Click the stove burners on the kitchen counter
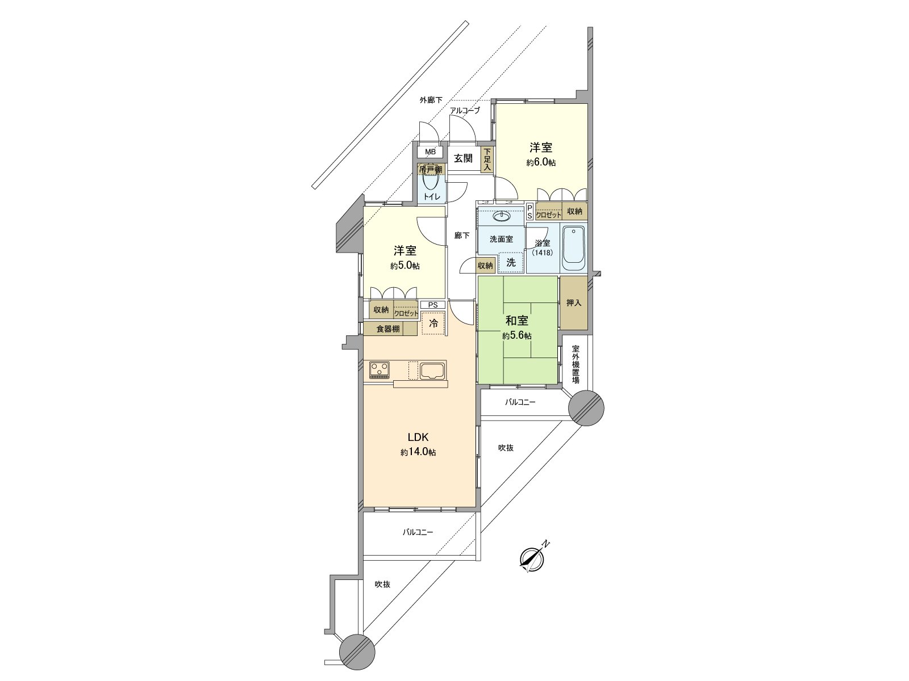[380, 369]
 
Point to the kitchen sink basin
[433, 370]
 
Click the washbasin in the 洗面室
[501, 216]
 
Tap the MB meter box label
[431, 152]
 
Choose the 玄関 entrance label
[463, 158]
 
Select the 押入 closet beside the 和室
[574, 302]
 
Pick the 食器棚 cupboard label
[388, 329]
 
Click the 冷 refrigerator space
[433, 324]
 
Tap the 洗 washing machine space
[511, 262]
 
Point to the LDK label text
[418, 438]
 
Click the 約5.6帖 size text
[517, 336]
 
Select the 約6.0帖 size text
[541, 162]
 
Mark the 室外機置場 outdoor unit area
[576, 364]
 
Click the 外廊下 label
[431, 100]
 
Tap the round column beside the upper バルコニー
[586, 407]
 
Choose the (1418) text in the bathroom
[542, 253]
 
